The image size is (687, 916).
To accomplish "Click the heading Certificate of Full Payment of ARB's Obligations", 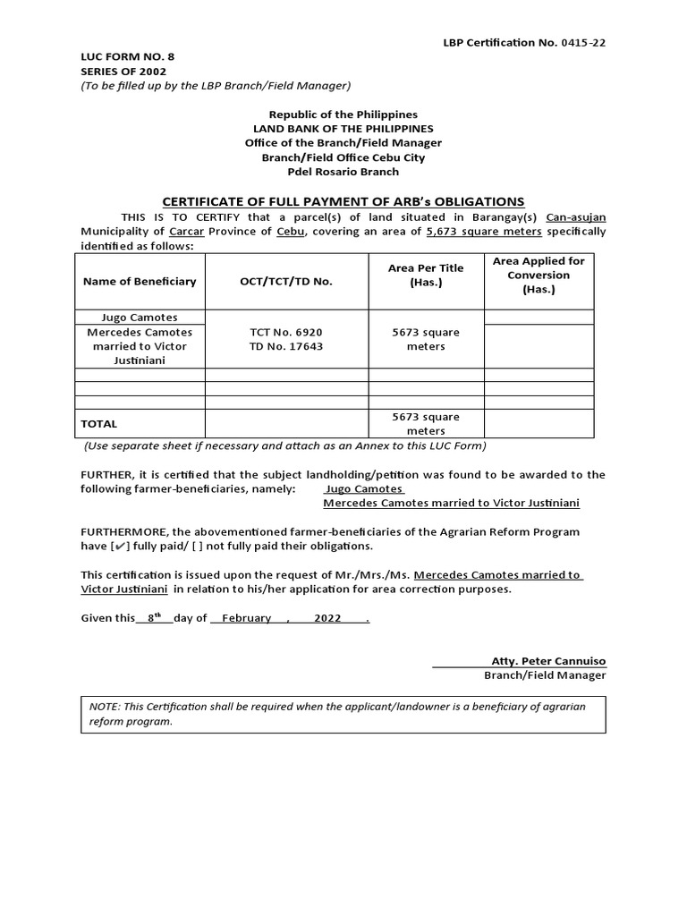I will pos(343,202).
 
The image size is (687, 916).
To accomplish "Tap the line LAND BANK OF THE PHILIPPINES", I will pos(343,129).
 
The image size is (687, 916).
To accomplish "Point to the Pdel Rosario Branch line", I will pos(343,172).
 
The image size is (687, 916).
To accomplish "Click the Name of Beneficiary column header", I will pos(140,282).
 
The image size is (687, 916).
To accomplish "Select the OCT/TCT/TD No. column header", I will pos(286,282).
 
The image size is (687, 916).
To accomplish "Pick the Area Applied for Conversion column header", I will pos(539,275).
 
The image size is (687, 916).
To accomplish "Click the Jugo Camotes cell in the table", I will pos(140,318).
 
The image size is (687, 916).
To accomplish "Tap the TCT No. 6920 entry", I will pos(286,332).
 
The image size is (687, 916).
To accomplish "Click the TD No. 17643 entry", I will pos(286,346).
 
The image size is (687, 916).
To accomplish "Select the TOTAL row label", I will pos(99,424).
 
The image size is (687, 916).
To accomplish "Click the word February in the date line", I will pos(247,618).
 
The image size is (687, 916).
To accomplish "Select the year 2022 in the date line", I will pos(327,618).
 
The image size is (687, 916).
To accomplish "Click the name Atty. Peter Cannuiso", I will pos(548,661).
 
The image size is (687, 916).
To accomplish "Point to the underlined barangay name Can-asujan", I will pos(575,217).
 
